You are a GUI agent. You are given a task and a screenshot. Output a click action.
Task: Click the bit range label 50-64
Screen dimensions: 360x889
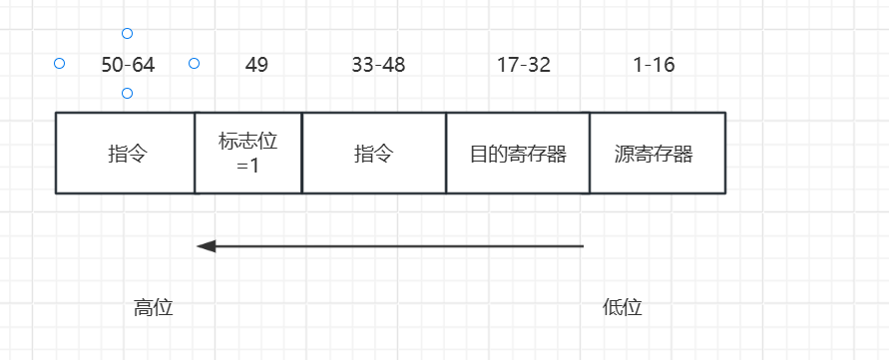click(128, 66)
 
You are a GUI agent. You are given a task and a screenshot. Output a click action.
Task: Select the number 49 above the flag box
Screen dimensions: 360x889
click(256, 66)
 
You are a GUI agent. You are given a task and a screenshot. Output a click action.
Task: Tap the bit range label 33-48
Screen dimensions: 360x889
click(378, 66)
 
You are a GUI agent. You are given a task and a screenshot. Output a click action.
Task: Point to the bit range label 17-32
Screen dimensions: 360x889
click(524, 66)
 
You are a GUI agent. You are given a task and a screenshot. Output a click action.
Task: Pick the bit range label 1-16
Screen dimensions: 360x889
click(654, 66)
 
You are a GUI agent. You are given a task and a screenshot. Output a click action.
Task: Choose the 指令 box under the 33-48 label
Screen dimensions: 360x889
click(374, 154)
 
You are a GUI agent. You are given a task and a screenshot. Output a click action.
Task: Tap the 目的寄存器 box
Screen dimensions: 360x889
click(518, 154)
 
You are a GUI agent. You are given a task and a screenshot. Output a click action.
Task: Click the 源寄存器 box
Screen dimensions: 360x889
click(658, 154)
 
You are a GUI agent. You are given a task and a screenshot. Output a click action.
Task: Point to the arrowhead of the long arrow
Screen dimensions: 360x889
click(206, 245)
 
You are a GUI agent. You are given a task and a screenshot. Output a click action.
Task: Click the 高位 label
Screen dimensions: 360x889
click(154, 308)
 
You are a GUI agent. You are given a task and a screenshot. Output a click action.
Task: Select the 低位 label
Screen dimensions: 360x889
click(623, 308)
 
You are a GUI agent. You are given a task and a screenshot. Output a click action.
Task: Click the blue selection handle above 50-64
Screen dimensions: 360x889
click(127, 34)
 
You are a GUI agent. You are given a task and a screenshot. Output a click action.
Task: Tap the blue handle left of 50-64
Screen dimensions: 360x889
click(59, 64)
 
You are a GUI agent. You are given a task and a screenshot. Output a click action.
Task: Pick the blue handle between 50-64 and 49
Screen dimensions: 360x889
click(195, 64)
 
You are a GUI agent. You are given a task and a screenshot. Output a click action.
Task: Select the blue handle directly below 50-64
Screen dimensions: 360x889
click(127, 94)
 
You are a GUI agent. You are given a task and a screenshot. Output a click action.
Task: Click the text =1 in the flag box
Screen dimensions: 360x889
click(248, 166)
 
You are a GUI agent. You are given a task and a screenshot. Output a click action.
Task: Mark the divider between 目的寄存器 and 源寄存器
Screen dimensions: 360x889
click(590, 153)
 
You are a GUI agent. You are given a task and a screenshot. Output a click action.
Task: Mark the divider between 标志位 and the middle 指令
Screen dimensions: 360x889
click(301, 153)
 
